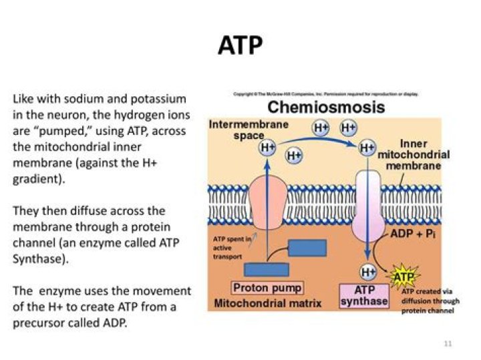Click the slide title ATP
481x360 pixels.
[240, 46]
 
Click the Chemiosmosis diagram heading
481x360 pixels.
[326, 107]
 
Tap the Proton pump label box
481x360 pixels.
[267, 289]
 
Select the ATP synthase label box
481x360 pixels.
[364, 295]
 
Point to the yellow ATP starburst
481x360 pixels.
[403, 276]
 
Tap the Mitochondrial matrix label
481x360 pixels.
[267, 303]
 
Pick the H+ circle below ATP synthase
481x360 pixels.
[367, 271]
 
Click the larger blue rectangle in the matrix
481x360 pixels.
[307, 248]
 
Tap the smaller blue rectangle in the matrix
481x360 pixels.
[266, 269]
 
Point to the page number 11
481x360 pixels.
[448, 343]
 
